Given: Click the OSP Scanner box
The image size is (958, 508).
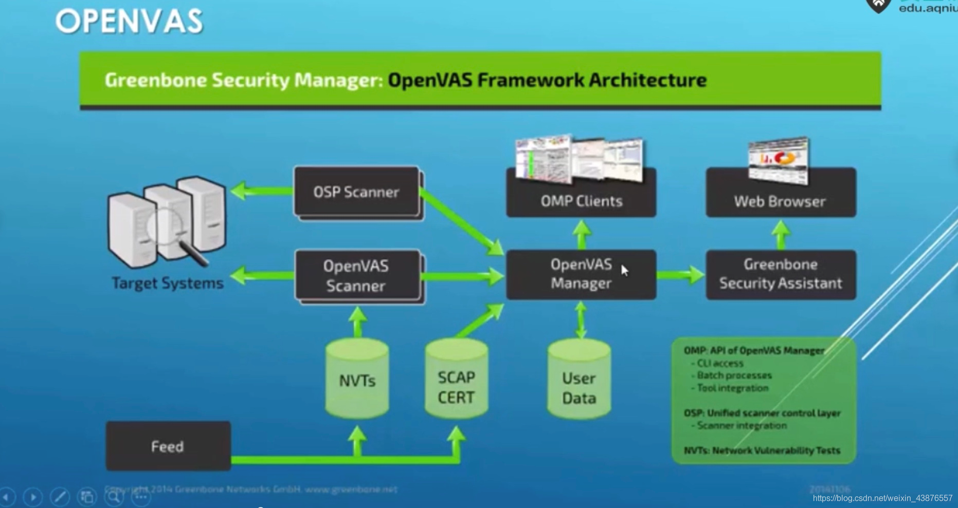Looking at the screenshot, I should [x=356, y=192].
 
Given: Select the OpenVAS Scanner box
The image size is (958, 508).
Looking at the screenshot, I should [x=356, y=276].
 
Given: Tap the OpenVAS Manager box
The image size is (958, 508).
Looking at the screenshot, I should [x=581, y=274].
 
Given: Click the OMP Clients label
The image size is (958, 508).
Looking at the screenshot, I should [x=581, y=201].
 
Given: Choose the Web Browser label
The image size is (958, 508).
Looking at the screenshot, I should [x=780, y=201].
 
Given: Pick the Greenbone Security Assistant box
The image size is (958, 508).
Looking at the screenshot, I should [x=781, y=274].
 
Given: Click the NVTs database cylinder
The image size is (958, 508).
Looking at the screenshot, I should [x=357, y=380].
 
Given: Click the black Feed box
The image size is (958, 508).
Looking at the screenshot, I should [x=168, y=446].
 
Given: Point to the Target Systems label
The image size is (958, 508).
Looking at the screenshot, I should [x=168, y=283].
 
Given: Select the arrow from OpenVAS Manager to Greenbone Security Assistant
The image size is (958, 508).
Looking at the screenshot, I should [x=680, y=275].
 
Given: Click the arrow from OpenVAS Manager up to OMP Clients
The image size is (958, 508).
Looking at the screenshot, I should [x=582, y=234].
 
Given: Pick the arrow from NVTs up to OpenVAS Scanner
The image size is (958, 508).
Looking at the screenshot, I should [x=357, y=321].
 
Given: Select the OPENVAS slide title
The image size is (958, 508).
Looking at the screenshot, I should [x=129, y=22].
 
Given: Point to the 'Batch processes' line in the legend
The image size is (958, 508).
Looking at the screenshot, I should [x=734, y=375].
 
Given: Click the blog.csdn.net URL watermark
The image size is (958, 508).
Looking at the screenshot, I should [x=882, y=498].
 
